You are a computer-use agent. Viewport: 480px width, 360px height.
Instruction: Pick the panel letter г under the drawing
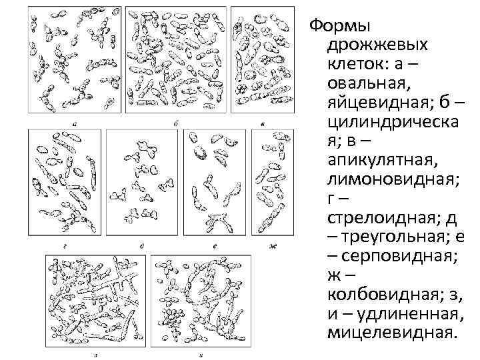click(61, 246)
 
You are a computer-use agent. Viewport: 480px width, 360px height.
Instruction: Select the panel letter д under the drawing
click(143, 246)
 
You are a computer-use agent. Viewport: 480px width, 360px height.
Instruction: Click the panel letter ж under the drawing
click(272, 246)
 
